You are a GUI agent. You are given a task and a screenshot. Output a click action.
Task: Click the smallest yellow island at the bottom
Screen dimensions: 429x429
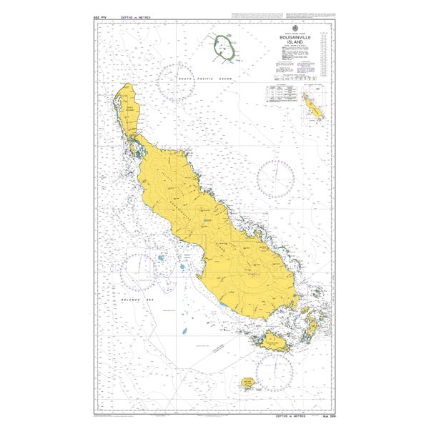pos(248,385)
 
